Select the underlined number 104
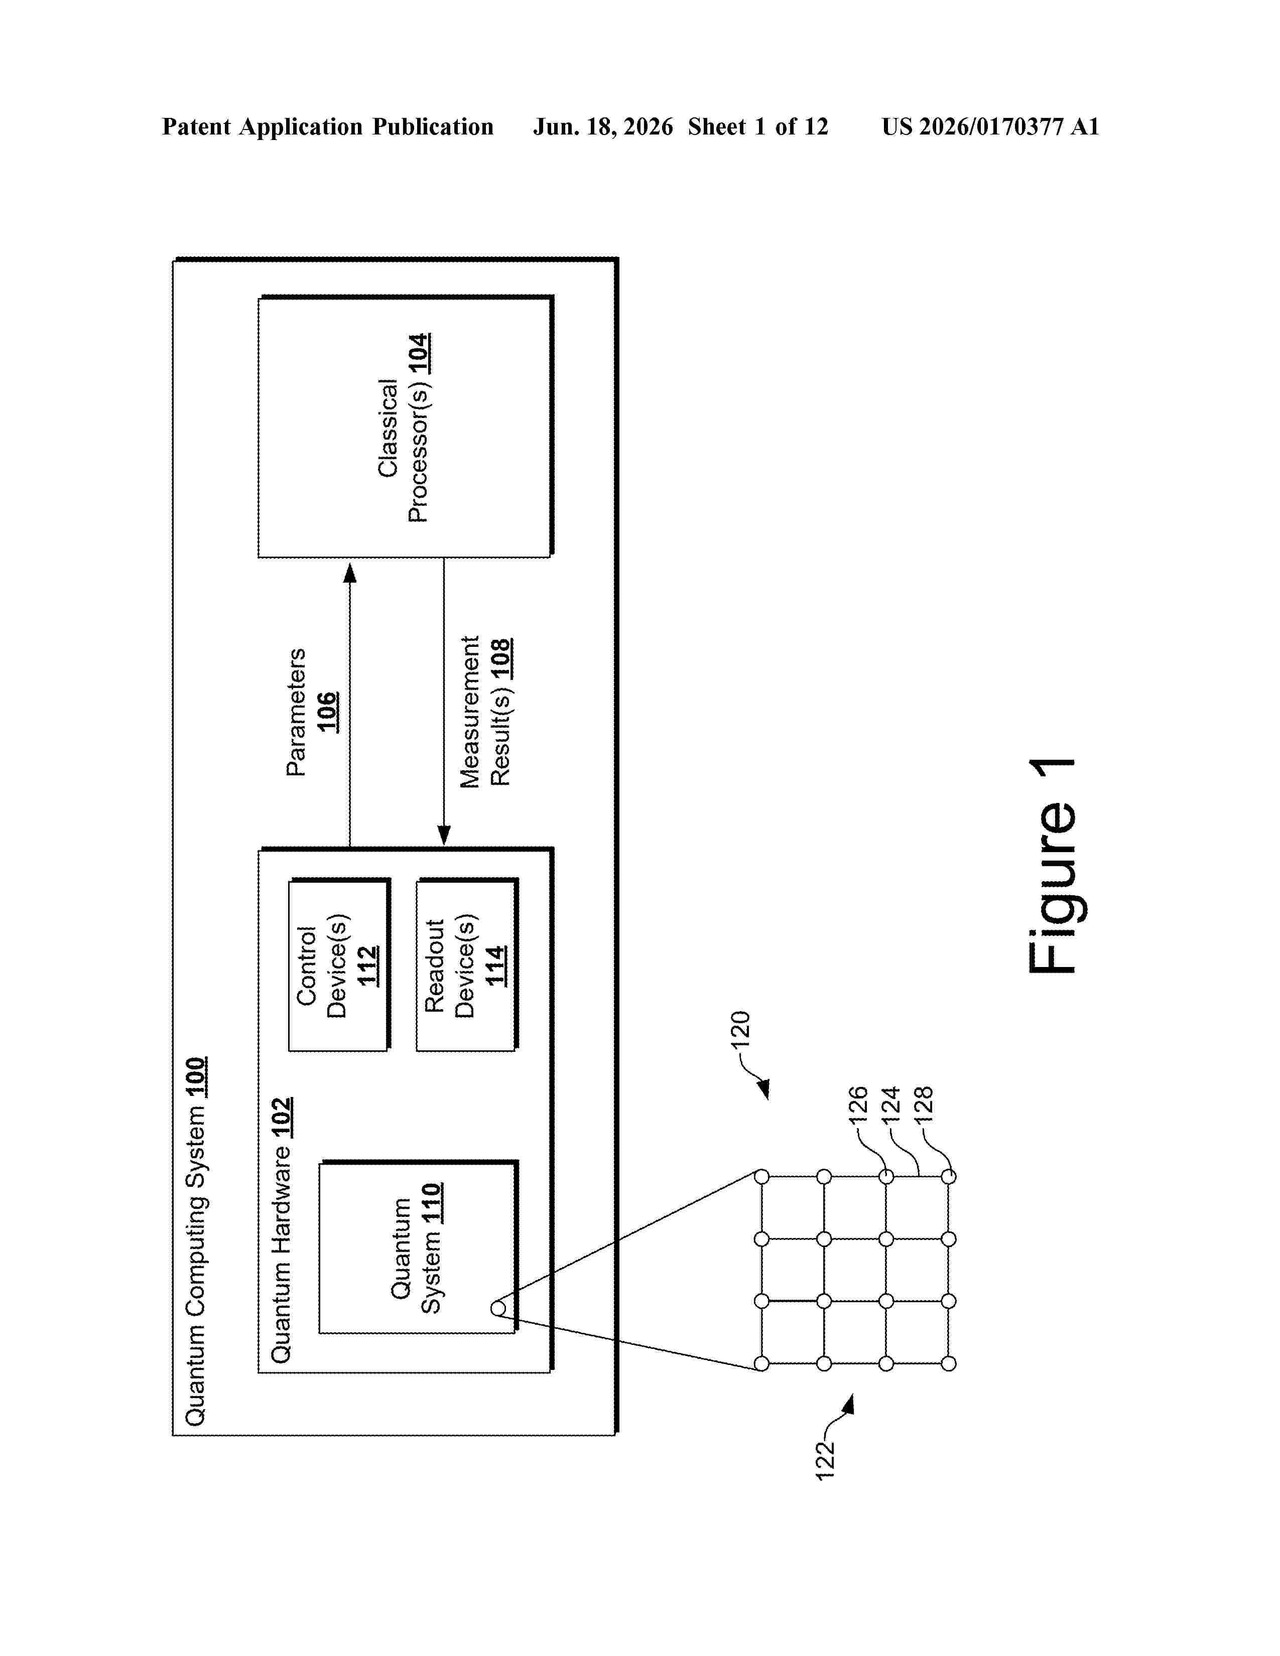point(419,353)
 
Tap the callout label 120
point(740,1029)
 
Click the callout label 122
point(825,1460)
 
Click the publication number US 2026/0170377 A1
point(990,126)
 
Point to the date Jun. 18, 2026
point(603,126)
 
